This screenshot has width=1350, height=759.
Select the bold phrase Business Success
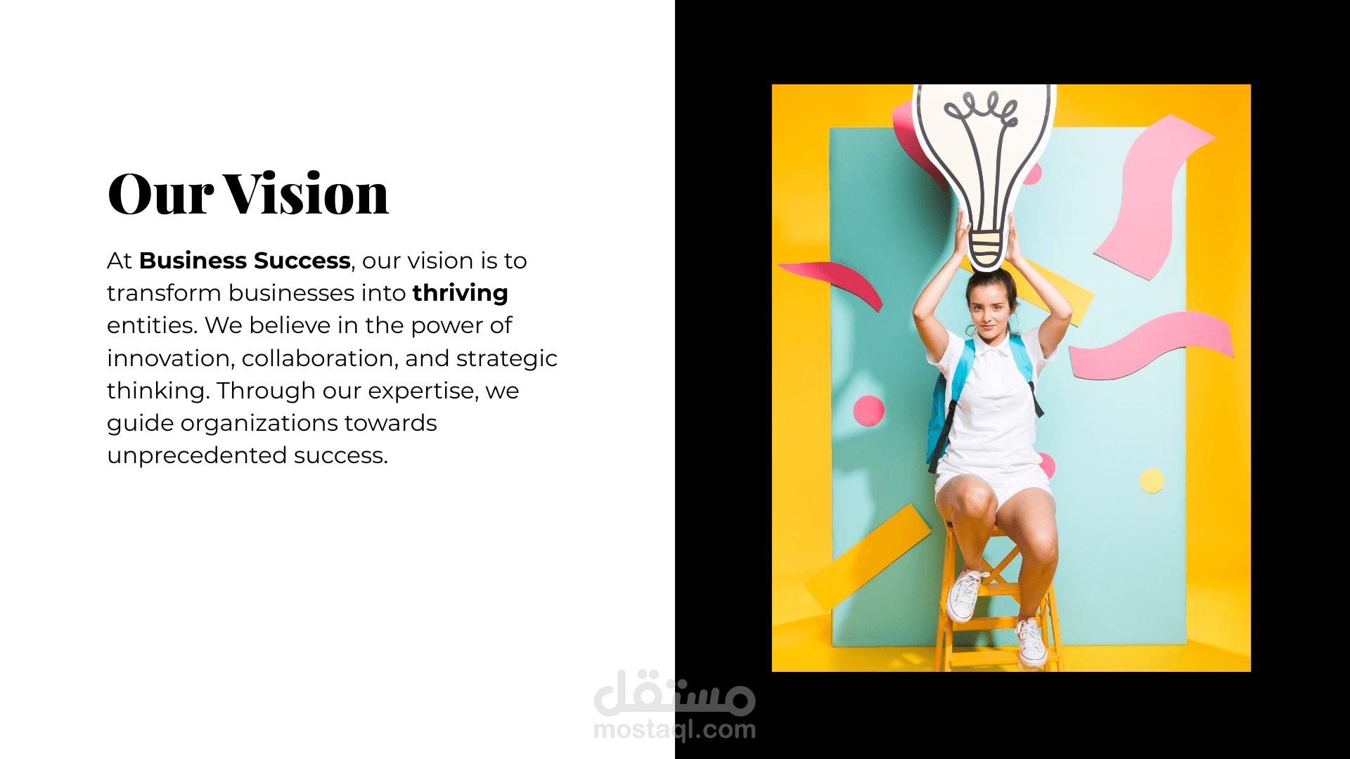245,261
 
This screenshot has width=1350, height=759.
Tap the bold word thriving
461,294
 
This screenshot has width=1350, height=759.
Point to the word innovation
169,358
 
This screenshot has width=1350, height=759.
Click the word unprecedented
196,456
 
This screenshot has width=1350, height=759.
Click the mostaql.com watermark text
675,729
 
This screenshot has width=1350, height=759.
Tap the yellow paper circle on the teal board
1152,481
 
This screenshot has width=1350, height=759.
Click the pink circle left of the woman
869,410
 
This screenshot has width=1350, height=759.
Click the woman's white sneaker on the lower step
1031,642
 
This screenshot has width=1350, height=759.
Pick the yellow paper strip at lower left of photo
868,555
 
